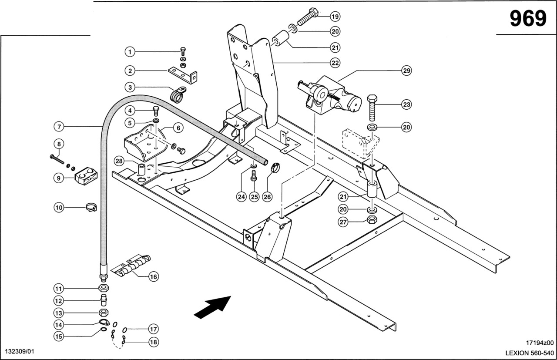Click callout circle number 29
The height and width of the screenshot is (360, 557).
pos(406,70)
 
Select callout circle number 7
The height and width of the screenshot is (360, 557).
pos(60,127)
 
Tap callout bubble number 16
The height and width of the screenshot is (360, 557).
pos(153,276)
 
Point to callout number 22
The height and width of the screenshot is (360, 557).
pos(335,63)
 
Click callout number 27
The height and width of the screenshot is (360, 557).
pos(344,222)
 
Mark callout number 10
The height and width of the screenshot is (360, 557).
pos(60,207)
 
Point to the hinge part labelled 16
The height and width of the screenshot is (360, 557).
pos(131,266)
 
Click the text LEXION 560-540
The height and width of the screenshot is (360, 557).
pos(530,353)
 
